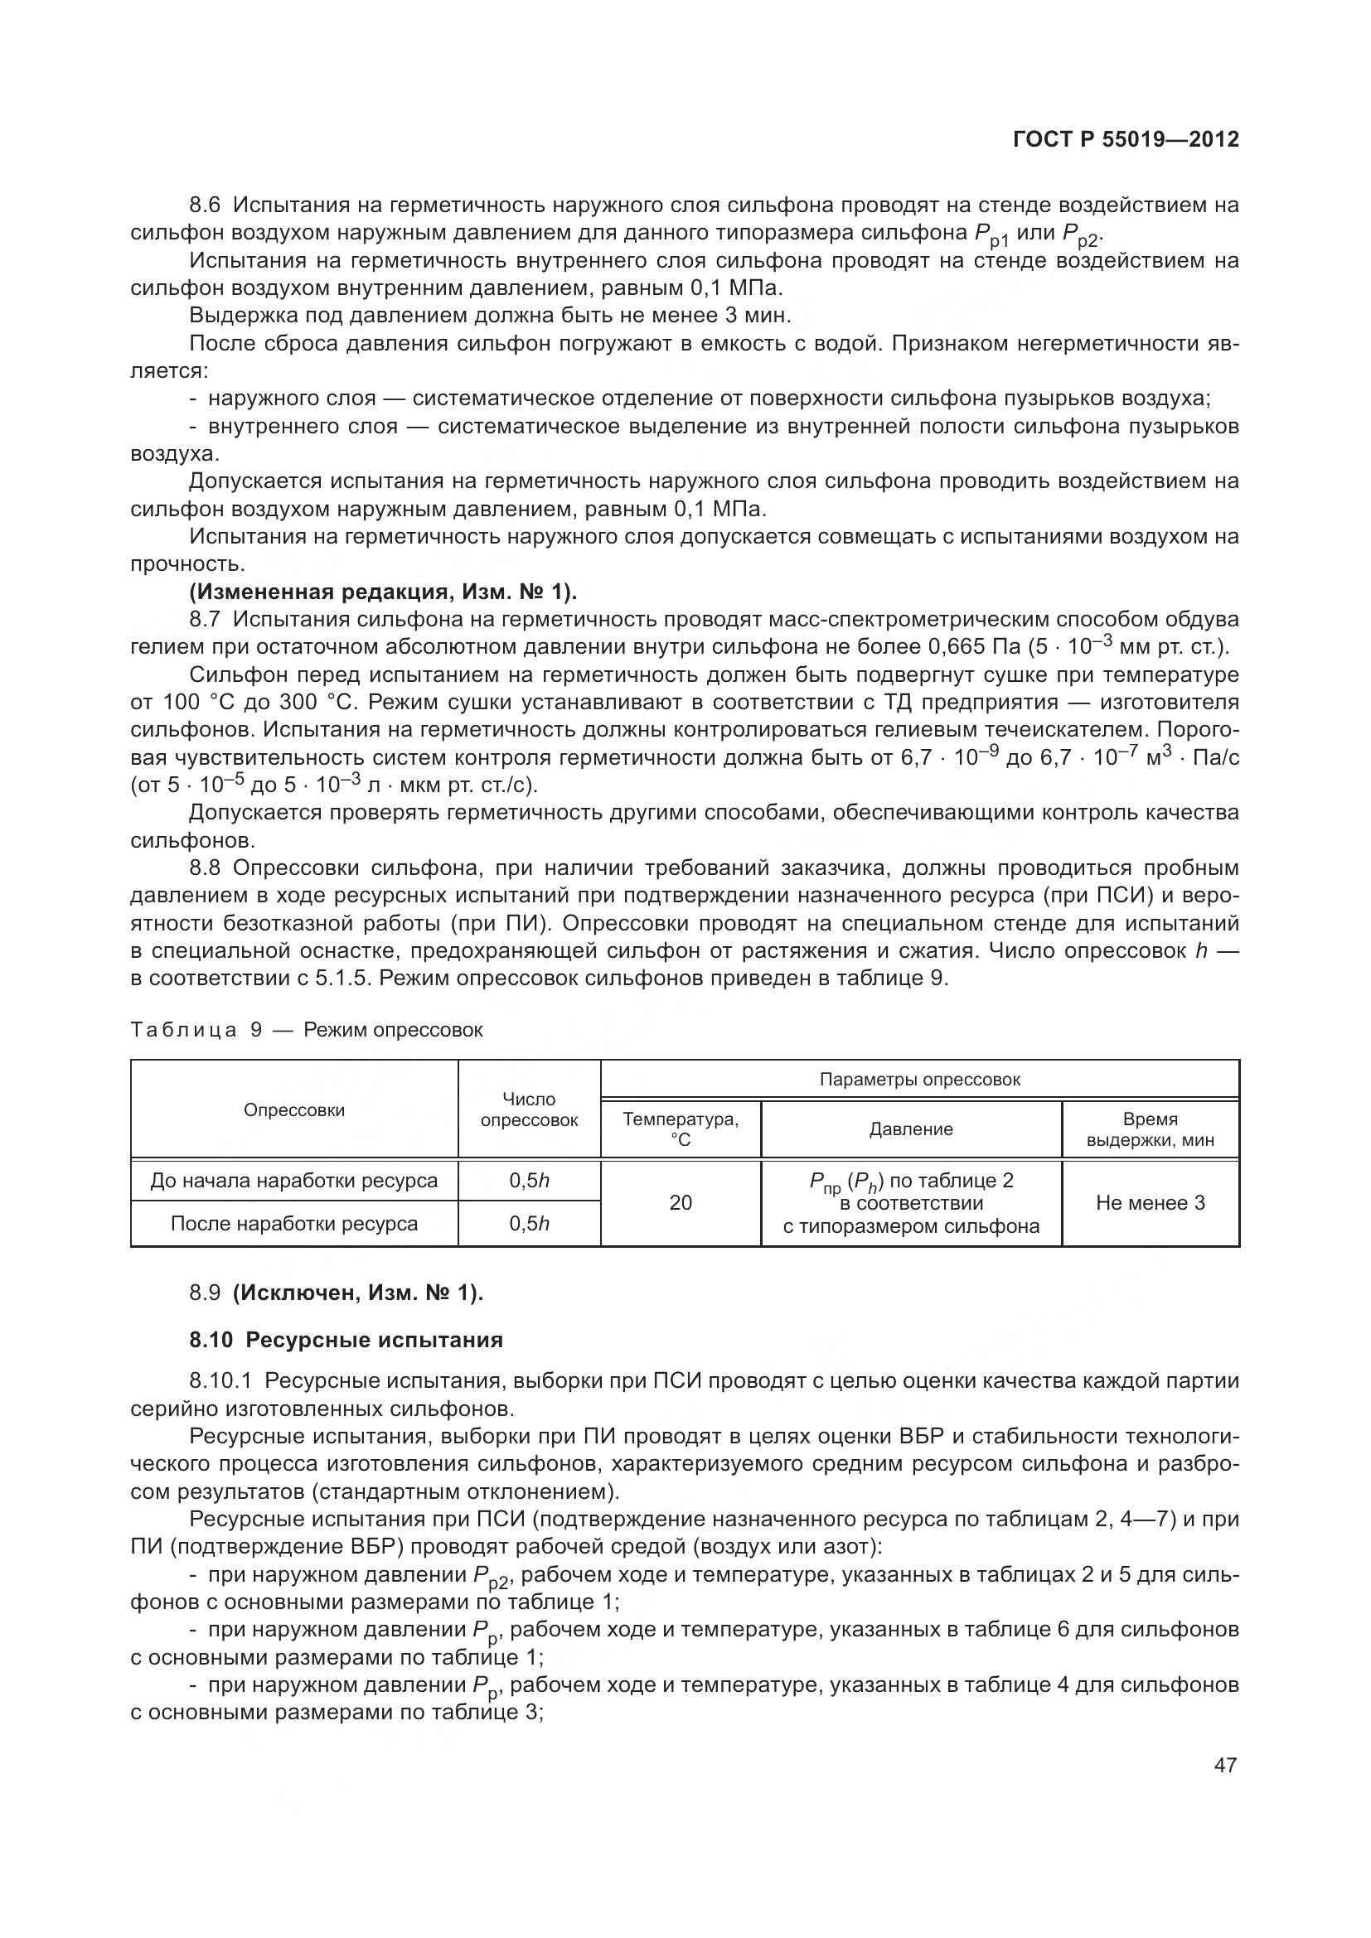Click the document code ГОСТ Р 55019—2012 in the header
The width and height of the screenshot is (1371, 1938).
pos(1126,140)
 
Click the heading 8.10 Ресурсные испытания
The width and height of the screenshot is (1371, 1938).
pos(346,1340)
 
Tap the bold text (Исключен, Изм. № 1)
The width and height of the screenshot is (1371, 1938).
pos(358,1293)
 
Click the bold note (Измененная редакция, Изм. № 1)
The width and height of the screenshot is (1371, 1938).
pos(383,592)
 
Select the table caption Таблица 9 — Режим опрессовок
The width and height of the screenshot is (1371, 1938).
pos(308,1030)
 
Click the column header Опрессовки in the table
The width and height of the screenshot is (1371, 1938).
pos(293,1110)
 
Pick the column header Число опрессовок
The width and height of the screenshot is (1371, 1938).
pos(530,1110)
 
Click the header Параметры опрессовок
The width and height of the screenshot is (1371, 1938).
pos(919,1080)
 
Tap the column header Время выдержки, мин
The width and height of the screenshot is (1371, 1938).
pos(1150,1129)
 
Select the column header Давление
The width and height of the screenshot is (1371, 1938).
pos(911,1129)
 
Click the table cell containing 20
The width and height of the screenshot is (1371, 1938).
pos(681,1203)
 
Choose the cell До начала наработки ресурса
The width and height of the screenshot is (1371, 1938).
pos(293,1181)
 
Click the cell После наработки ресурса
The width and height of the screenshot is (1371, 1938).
pos(293,1224)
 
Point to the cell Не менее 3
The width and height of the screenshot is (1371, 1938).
pos(1150,1203)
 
